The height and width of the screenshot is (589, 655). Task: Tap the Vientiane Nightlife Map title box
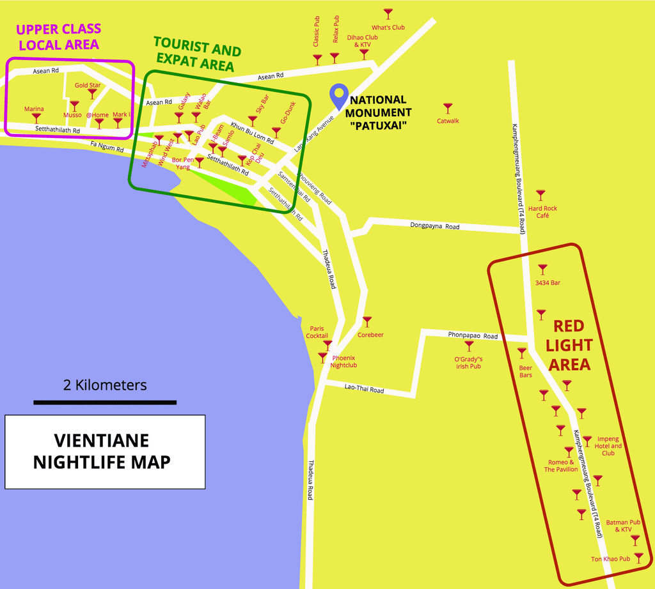point(105,451)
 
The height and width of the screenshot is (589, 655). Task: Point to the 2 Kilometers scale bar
point(105,402)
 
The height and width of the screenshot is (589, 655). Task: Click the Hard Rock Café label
point(542,212)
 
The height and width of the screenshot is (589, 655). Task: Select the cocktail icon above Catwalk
point(448,108)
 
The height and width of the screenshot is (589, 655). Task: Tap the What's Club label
point(388,27)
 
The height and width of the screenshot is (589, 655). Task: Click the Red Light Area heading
point(569,345)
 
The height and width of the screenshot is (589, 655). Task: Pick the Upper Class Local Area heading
point(59,36)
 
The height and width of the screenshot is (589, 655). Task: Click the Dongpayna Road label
point(435,226)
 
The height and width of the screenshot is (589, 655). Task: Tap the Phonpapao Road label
point(473,335)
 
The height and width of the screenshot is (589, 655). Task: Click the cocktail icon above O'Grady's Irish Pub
point(469,346)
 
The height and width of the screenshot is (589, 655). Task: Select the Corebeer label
point(370,335)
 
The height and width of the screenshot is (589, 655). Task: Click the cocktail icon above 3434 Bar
point(542,269)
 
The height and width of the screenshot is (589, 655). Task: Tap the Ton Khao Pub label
point(610,559)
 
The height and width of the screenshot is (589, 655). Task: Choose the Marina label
point(34,109)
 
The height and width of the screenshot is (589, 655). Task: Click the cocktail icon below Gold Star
point(92,93)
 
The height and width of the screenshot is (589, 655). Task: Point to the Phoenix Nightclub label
point(343,362)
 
